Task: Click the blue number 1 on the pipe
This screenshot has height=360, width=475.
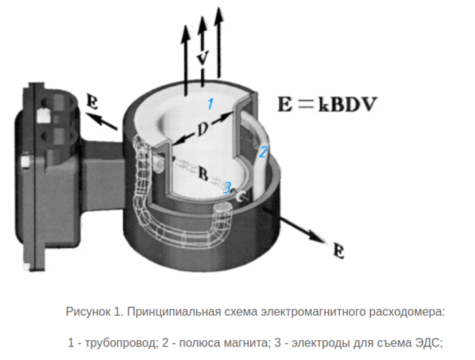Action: click(210, 104)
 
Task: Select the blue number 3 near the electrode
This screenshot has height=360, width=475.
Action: click(228, 187)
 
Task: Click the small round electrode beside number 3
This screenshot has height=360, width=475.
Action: click(240, 195)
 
